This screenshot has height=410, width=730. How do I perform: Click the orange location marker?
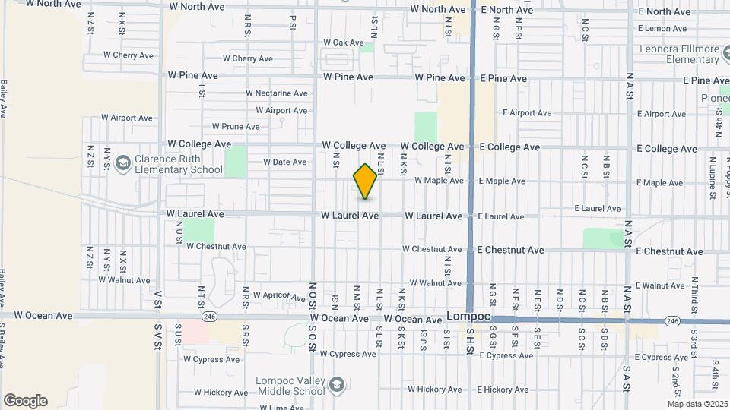366,181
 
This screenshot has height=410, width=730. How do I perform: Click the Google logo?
25,400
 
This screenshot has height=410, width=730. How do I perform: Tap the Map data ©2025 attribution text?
698,403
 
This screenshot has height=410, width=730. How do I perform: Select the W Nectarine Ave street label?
276,93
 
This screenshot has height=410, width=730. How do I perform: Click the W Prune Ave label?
236,127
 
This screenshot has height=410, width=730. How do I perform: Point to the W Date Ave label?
284,162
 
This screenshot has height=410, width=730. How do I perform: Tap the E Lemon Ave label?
662,29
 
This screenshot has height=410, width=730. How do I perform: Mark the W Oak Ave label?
344,43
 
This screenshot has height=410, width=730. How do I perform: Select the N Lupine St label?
713,177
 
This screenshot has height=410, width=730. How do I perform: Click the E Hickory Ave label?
505,389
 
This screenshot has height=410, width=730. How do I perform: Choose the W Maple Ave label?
439,181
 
